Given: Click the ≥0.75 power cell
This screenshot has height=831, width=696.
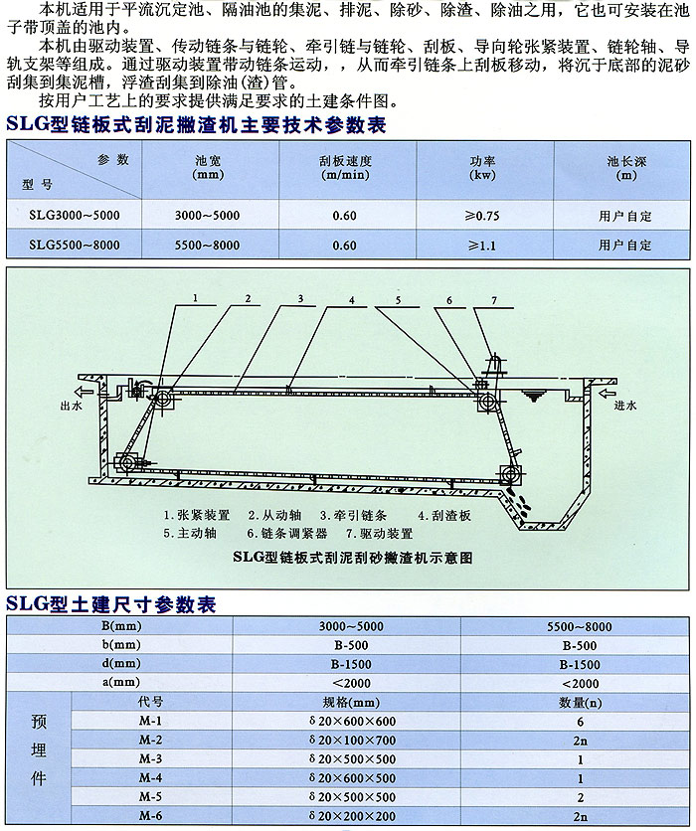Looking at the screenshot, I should (x=483, y=215).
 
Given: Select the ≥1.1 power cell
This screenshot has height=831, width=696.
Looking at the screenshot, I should (x=483, y=245).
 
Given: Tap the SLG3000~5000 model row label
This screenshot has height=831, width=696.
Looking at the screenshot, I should (x=76, y=215).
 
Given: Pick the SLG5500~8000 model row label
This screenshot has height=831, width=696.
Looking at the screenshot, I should (x=76, y=245).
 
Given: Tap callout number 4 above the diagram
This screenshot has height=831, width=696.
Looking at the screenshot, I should (x=350, y=299).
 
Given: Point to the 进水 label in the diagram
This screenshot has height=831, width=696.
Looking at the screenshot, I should (x=625, y=406).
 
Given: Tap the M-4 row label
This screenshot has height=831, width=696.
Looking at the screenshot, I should (x=150, y=777).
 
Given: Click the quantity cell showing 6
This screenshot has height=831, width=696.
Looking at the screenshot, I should (x=579, y=721).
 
